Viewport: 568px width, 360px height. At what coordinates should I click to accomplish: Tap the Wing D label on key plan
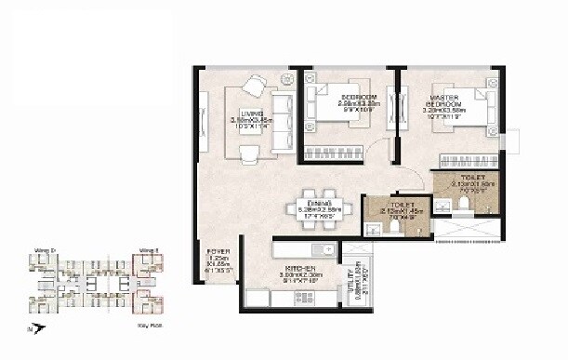[x=47, y=250]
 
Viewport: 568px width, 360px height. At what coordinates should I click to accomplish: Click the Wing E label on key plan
[x=146, y=250]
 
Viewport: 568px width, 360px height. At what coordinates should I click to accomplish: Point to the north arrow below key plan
[x=33, y=327]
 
